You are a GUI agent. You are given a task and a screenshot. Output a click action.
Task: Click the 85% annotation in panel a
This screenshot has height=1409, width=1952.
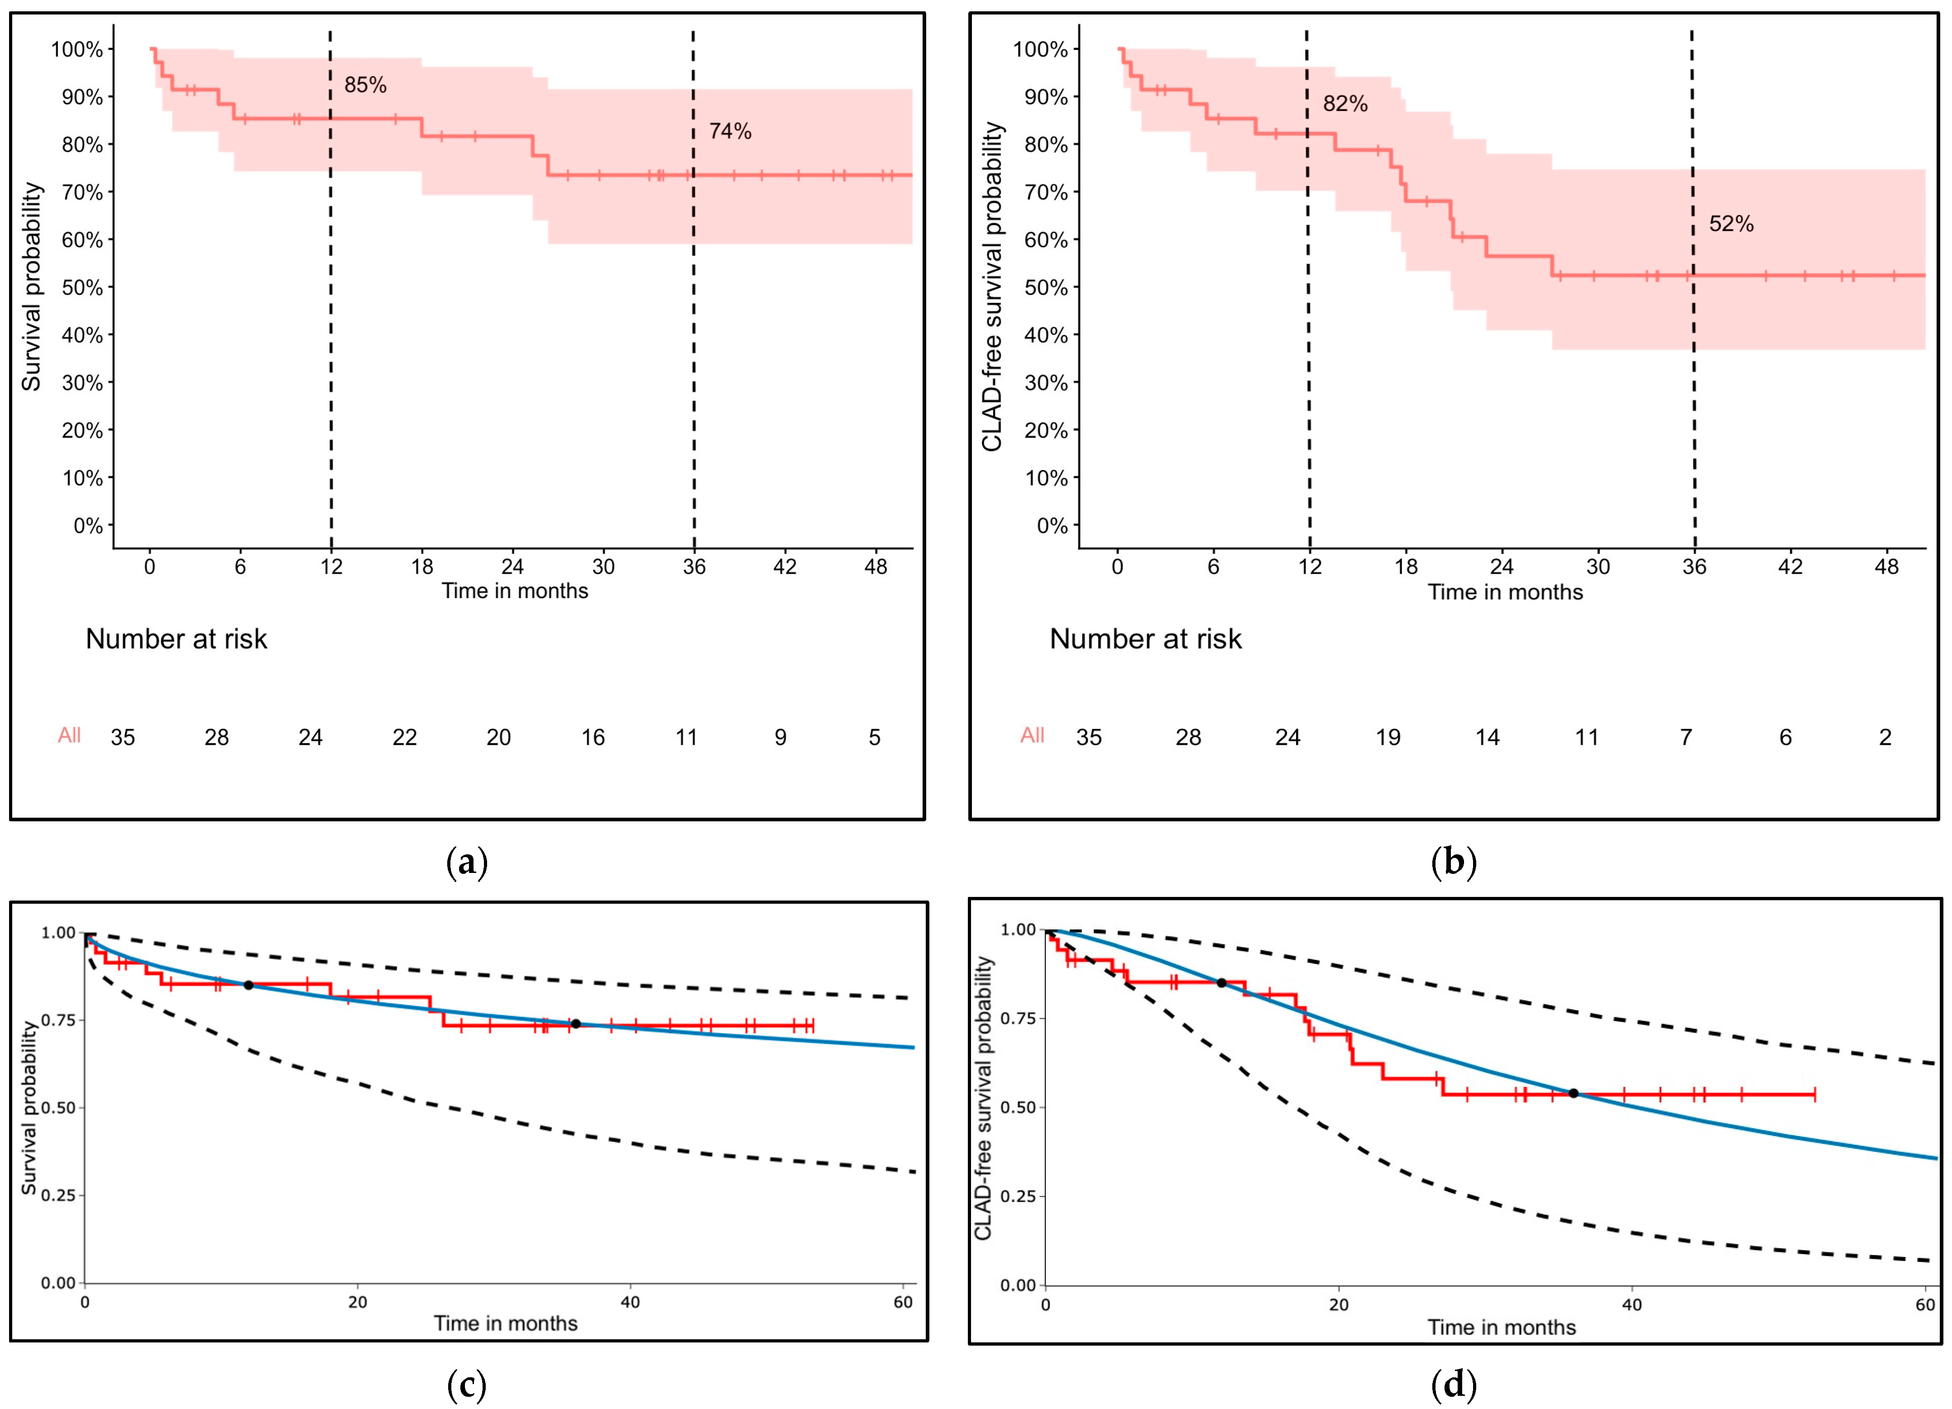pos(365,85)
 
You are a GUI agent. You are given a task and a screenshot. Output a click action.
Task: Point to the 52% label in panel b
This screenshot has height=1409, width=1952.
pos(1731,224)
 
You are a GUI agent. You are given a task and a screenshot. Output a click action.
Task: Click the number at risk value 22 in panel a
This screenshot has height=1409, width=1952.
pos(405,738)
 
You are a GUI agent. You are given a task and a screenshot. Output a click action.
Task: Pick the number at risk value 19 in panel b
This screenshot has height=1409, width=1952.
pos(1387,738)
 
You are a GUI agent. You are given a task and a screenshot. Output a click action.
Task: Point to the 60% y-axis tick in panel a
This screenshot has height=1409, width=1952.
pos(82,240)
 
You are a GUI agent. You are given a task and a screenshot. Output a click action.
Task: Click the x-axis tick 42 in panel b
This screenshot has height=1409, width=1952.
pos(1790,567)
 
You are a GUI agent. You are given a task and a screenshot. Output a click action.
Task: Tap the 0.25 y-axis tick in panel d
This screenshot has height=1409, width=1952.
pos(1018,1196)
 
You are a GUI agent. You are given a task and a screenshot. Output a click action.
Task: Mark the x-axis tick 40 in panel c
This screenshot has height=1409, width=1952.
pos(630,1302)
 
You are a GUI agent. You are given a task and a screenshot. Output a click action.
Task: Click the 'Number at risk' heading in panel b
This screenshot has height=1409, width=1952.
pos(1145,639)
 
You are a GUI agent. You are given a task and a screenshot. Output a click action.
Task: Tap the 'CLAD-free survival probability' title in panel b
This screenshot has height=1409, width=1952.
pos(992,287)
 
